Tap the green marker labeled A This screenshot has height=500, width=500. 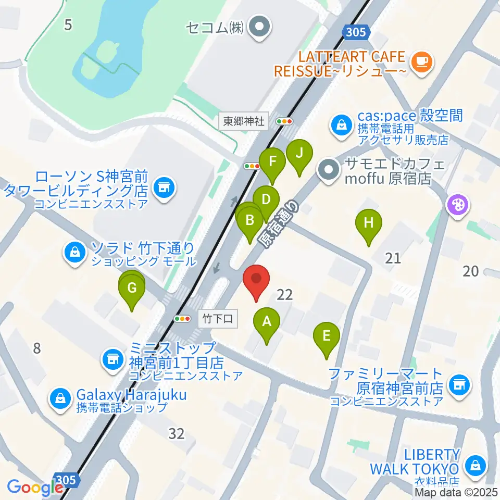point(267,321)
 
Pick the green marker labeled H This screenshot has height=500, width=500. point(369,223)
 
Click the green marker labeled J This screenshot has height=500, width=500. point(299,154)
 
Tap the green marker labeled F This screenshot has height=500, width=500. point(272,162)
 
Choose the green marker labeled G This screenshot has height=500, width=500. point(132,288)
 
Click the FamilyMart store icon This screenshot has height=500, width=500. point(459,385)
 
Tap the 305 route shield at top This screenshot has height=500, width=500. point(357,33)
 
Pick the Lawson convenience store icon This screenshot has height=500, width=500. point(165,185)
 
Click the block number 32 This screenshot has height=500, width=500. point(177,433)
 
